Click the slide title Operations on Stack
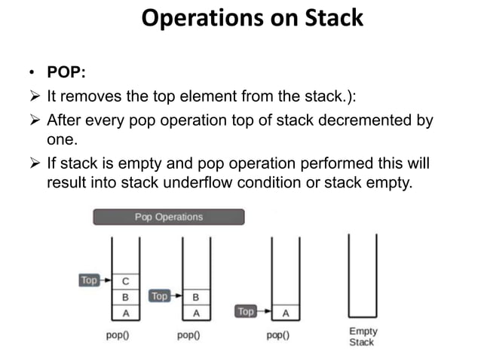[x=252, y=17]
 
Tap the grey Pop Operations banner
[x=168, y=217]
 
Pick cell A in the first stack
[x=125, y=313]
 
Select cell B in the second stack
[x=196, y=297]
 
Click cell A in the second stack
[x=196, y=313]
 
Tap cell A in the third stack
[x=286, y=313]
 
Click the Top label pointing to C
[x=89, y=280]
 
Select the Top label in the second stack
[x=159, y=296]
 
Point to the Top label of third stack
[x=247, y=311]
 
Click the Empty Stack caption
[x=363, y=337]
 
